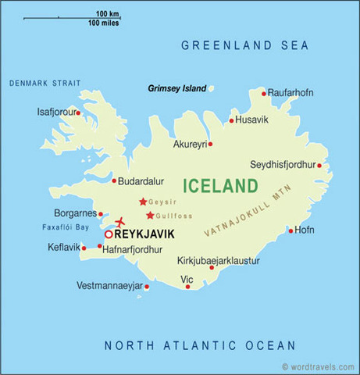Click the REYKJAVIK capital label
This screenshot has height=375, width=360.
pyautogui.click(x=144, y=234)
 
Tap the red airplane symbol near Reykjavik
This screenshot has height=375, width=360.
pyautogui.click(x=120, y=222)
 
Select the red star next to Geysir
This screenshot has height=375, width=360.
pyautogui.click(x=142, y=201)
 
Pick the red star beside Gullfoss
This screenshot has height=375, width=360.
pyautogui.click(x=149, y=215)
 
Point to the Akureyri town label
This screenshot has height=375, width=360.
pyautogui.click(x=189, y=145)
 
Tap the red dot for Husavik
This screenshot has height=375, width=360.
pyautogui.click(x=231, y=120)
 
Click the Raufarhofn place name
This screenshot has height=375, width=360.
pyautogui.click(x=290, y=93)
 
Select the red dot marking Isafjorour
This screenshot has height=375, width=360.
pyautogui.click(x=78, y=112)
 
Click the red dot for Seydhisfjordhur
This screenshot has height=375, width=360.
pyautogui.click(x=319, y=165)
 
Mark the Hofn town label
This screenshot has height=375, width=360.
pyautogui.click(x=305, y=230)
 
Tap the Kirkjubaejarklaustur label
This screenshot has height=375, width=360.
pyautogui.click(x=218, y=261)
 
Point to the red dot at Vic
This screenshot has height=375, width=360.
pyautogui.click(x=187, y=286)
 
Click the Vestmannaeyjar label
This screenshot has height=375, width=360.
pyautogui.click(x=109, y=286)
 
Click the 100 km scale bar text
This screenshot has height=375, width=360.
pyautogui.click(x=108, y=15)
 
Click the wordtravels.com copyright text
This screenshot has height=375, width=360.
pyautogui.click(x=315, y=366)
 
